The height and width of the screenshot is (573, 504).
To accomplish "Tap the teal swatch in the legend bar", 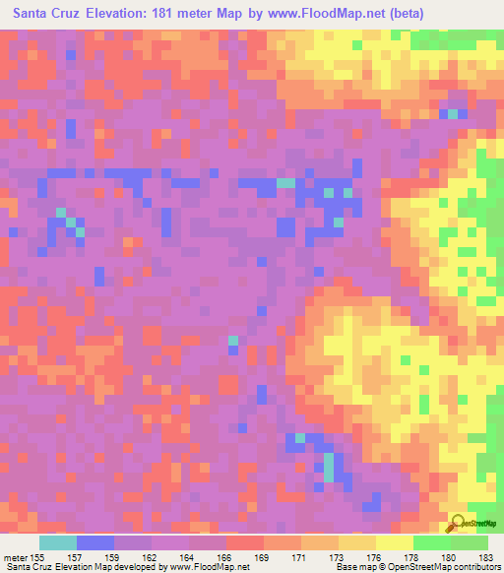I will click(58, 542).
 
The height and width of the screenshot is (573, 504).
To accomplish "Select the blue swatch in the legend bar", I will click(95, 542).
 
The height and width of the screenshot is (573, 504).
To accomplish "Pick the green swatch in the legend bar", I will click(432, 542).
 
